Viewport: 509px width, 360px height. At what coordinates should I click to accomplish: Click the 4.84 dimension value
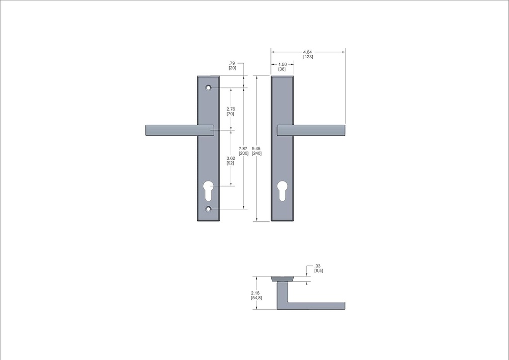coord(308,52)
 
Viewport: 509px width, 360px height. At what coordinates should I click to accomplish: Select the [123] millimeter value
coord(308,57)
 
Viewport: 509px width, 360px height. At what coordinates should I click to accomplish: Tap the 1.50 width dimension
coord(282,64)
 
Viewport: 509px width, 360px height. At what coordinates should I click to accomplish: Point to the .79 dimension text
coord(232,63)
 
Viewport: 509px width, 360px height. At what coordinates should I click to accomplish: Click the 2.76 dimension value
coord(230,109)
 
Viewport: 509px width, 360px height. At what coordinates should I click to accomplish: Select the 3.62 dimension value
coord(230,158)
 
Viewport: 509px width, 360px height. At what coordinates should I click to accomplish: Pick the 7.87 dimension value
coord(243,148)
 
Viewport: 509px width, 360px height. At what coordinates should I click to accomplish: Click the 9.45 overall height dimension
coord(256,148)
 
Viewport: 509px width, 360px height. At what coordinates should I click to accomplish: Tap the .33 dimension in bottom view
coord(318,266)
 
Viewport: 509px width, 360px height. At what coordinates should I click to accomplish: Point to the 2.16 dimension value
coord(255,293)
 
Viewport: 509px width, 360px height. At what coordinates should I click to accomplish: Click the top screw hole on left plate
coord(209,88)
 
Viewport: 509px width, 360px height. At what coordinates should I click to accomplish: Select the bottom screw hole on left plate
coord(209,209)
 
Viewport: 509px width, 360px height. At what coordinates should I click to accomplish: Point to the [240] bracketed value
coord(256,153)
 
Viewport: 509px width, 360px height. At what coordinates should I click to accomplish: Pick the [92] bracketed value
coord(230,163)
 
